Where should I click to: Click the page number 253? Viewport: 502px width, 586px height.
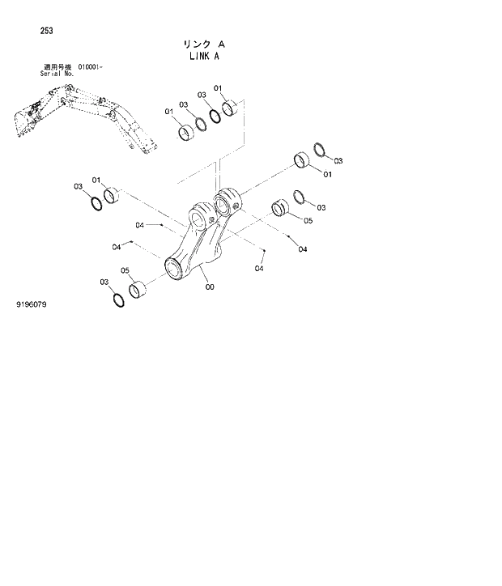point(46,32)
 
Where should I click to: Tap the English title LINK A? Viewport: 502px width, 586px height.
point(199,57)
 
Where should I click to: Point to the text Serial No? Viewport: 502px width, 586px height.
point(56,73)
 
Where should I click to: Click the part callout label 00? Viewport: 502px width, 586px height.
point(209,287)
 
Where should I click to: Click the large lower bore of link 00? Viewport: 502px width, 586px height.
point(176,266)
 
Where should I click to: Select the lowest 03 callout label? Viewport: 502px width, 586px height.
point(104,282)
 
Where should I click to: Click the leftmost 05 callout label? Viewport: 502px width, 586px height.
point(125,270)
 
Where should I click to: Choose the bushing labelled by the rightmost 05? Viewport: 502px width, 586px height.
point(280,208)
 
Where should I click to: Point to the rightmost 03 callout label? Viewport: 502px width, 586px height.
point(338,161)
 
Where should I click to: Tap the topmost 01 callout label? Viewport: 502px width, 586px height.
point(218,88)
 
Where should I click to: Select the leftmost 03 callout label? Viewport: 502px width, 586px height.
point(79,186)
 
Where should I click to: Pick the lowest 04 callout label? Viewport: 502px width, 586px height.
point(260,269)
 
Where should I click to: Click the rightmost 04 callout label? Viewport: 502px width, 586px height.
point(302,249)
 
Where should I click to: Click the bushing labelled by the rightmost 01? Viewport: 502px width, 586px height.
point(302,159)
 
